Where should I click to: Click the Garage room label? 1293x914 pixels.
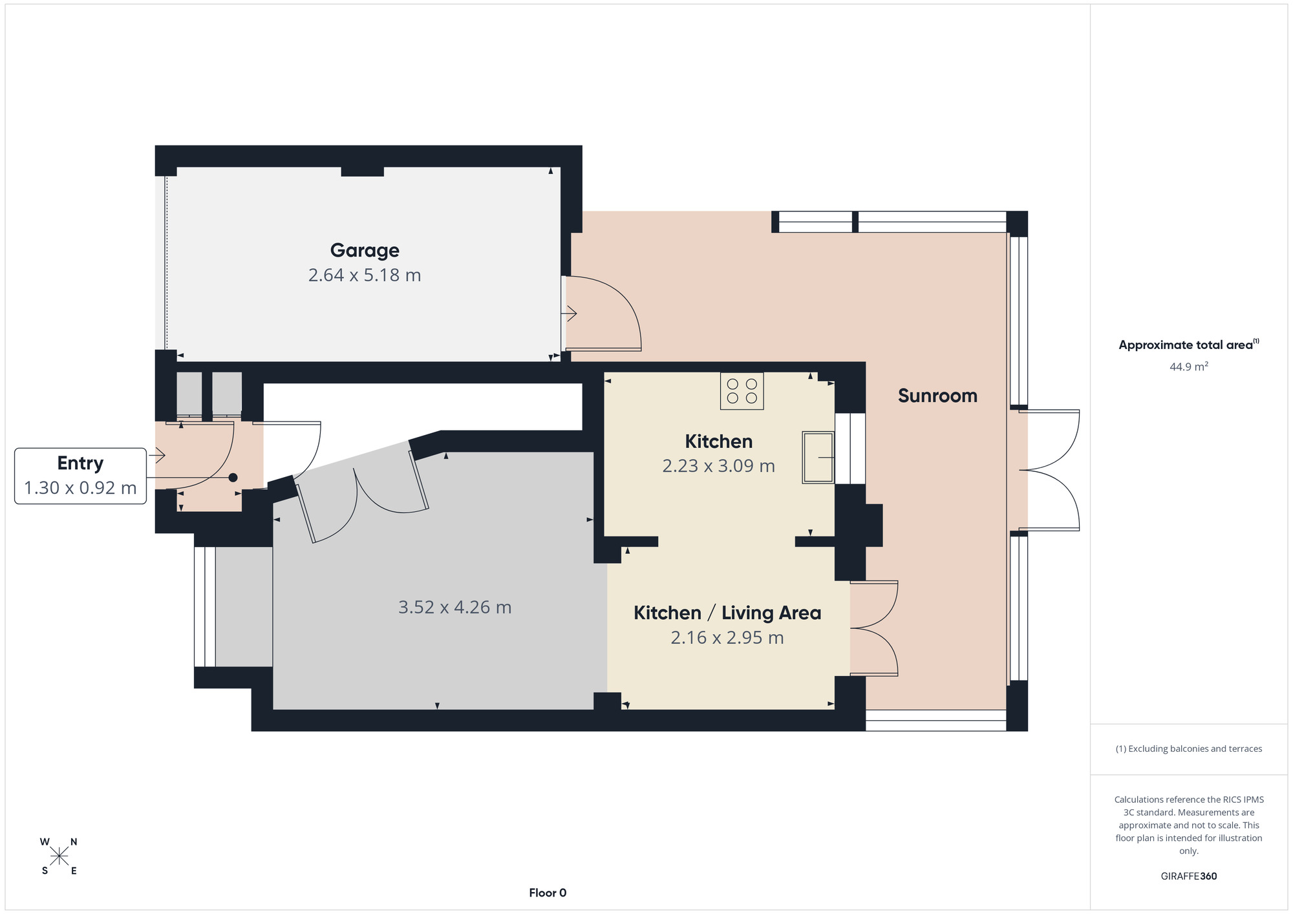pyautogui.click(x=365, y=250)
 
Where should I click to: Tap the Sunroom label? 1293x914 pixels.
pyautogui.click(x=937, y=396)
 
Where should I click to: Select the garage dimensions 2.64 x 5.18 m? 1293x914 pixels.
pyautogui.click(x=365, y=275)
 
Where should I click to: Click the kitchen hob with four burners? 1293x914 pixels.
pyautogui.click(x=742, y=391)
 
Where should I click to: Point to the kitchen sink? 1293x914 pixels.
pyautogui.click(x=818, y=457)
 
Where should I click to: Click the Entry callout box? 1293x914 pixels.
pyautogui.click(x=80, y=476)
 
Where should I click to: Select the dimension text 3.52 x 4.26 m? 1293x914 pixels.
pyautogui.click(x=455, y=608)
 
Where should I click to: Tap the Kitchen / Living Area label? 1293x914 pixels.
pyautogui.click(x=727, y=613)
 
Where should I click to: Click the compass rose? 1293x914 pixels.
pyautogui.click(x=59, y=856)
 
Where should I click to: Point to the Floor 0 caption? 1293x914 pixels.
pyautogui.click(x=548, y=893)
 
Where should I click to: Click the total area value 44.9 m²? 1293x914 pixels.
pyautogui.click(x=1189, y=367)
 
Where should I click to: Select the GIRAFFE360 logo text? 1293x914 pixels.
pyautogui.click(x=1189, y=877)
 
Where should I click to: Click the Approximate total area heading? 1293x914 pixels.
pyautogui.click(x=1189, y=345)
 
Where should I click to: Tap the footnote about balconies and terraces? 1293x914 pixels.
pyautogui.click(x=1189, y=749)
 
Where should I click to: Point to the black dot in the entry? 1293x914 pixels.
pyautogui.click(x=233, y=478)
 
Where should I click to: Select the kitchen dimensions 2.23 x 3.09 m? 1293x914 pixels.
pyautogui.click(x=719, y=466)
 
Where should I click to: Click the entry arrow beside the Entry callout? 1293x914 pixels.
pyautogui.click(x=157, y=456)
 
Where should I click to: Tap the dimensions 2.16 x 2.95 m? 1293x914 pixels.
pyautogui.click(x=727, y=638)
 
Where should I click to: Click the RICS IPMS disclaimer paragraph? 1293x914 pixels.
pyautogui.click(x=1189, y=825)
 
